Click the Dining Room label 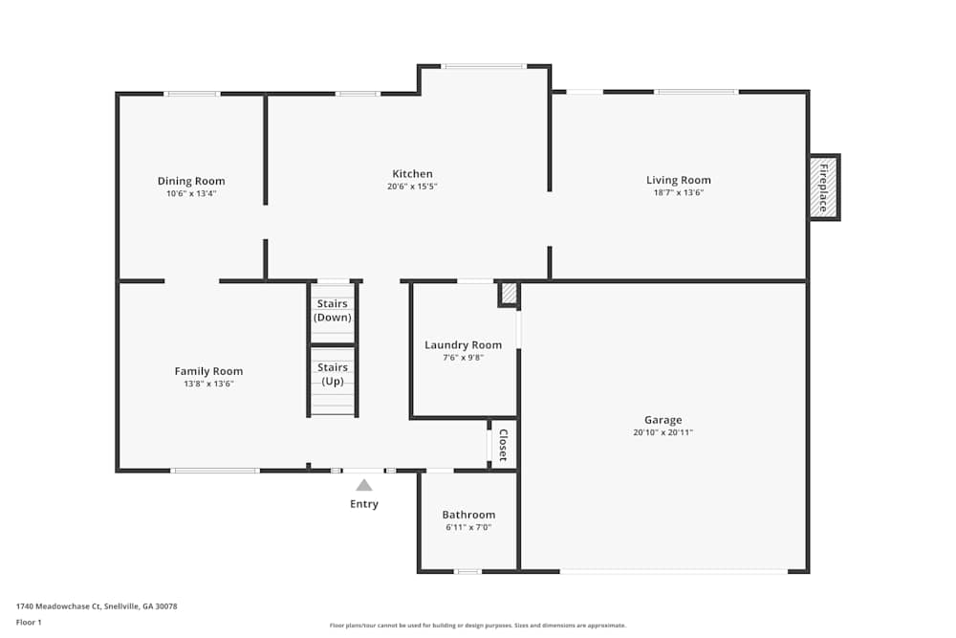coord(191,181)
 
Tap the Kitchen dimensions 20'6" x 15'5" coord(412,187)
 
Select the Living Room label coord(679,180)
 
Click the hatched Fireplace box coord(824,187)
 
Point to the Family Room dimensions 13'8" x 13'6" coord(208,384)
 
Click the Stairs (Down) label coord(333,311)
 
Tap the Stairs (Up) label coord(333,375)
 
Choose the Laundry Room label coord(464,345)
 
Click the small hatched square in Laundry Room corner coord(508,294)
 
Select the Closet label coord(503,445)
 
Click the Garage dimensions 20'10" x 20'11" coord(663,432)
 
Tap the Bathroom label coord(468,515)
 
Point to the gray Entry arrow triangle coord(364,486)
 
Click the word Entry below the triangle coord(364,504)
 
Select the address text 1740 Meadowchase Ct coord(58,606)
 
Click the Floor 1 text coord(29,622)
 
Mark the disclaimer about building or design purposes coord(478,626)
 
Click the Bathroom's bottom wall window coord(468,571)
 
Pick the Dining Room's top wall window coord(192,94)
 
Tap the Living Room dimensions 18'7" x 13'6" coord(679,193)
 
